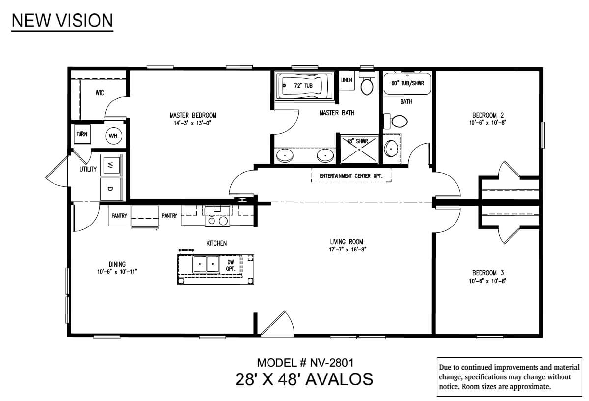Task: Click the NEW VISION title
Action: (x=62, y=21)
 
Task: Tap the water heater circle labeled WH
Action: (x=113, y=136)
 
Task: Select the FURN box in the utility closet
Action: (x=82, y=134)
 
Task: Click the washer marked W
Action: (x=111, y=165)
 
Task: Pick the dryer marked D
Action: (x=111, y=189)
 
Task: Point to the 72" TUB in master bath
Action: (x=304, y=86)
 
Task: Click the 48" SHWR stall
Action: (x=359, y=150)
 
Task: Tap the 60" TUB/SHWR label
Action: (x=407, y=83)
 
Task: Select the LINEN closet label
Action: (x=346, y=80)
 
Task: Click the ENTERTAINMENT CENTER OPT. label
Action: (x=351, y=176)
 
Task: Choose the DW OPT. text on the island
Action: (x=230, y=265)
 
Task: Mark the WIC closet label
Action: (x=100, y=93)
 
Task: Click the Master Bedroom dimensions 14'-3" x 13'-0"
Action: (x=192, y=123)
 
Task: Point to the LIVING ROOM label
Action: (x=347, y=242)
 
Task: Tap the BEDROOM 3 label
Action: (x=488, y=273)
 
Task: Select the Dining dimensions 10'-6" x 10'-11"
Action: (x=117, y=271)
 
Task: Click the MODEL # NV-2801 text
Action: (x=305, y=363)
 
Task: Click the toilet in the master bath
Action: (x=367, y=83)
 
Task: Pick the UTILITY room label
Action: (x=88, y=169)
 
